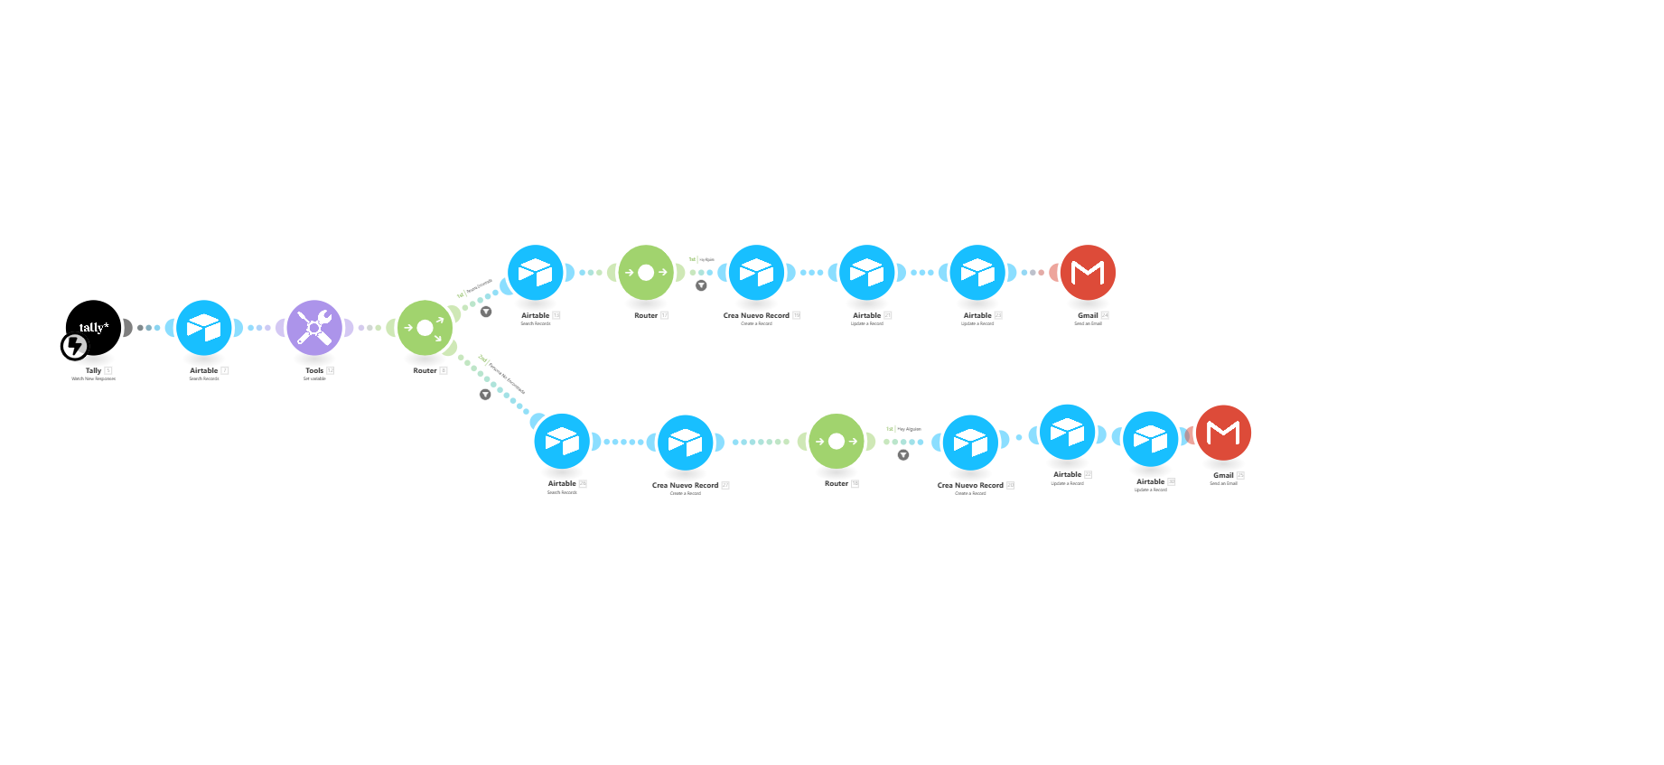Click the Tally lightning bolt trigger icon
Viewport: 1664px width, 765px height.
click(x=75, y=346)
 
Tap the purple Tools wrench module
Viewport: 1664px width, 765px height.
click(x=314, y=328)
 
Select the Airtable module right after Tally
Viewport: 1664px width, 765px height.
click(x=204, y=328)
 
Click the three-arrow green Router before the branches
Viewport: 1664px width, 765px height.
click(x=425, y=328)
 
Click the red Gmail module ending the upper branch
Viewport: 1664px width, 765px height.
click(x=1088, y=272)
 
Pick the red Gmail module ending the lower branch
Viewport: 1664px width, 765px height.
click(x=1223, y=433)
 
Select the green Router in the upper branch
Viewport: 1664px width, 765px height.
click(x=646, y=272)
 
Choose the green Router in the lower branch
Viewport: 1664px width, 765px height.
click(x=837, y=441)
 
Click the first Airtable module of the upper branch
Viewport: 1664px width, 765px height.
click(x=536, y=272)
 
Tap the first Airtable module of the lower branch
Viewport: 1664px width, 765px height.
click(x=562, y=441)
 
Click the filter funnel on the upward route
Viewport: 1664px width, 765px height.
click(x=486, y=312)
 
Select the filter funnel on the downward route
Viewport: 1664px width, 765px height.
click(x=485, y=395)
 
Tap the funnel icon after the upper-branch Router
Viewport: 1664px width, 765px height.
click(x=701, y=285)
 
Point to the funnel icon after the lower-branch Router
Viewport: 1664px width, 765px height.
click(x=903, y=455)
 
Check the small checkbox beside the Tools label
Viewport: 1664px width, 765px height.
click(x=331, y=370)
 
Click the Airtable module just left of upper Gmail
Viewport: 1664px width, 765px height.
click(x=977, y=272)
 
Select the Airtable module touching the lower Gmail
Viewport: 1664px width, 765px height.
click(x=1151, y=439)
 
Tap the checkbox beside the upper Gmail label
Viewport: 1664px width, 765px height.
click(x=1105, y=315)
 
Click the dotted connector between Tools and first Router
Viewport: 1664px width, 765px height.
click(x=369, y=328)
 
